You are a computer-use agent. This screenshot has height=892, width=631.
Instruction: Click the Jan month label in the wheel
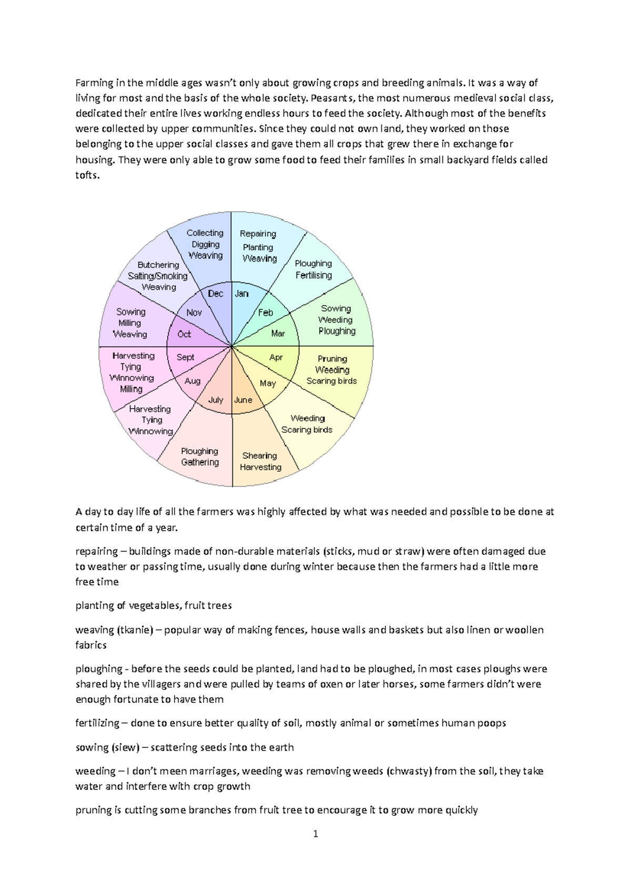241,294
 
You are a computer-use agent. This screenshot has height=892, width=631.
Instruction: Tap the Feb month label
266,313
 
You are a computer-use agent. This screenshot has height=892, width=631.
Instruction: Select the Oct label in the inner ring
184,334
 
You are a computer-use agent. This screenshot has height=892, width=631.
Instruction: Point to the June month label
243,400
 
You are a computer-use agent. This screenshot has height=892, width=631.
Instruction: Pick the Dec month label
216,294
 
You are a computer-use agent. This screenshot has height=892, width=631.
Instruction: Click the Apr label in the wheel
276,357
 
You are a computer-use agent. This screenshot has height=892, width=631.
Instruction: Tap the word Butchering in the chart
158,265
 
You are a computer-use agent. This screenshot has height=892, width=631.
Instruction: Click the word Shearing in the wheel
259,455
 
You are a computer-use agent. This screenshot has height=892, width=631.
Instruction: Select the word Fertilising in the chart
314,275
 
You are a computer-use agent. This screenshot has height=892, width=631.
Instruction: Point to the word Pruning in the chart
332,359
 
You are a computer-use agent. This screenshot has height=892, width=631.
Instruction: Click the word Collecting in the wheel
205,233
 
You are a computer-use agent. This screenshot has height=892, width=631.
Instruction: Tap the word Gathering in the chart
200,462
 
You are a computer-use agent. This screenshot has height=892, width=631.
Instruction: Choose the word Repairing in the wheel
258,234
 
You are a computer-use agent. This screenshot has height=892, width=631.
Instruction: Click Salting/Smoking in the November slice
157,276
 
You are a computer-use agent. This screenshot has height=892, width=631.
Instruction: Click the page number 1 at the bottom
315,834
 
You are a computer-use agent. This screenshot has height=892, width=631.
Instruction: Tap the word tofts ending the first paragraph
86,175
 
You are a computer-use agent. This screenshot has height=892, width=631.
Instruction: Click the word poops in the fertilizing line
493,723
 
